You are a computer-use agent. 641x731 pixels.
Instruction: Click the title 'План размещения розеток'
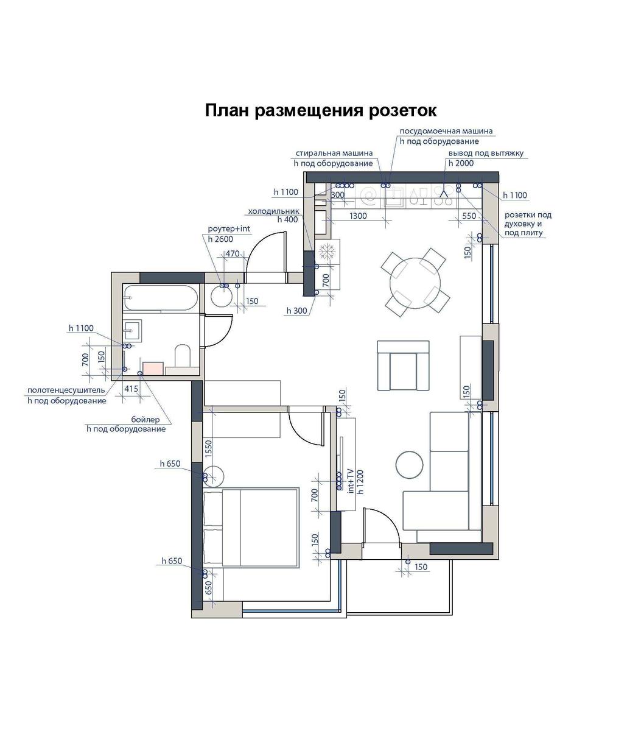(x=320, y=111)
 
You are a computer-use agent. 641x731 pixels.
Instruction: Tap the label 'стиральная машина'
(x=334, y=153)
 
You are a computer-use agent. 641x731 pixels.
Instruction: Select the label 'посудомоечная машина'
(x=446, y=131)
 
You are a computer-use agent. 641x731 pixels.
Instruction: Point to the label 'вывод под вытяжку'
(x=486, y=154)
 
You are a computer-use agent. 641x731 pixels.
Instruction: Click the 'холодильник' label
(x=273, y=211)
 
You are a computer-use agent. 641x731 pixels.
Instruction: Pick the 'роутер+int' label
(x=228, y=229)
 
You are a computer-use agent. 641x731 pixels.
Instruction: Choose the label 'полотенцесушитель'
(x=66, y=390)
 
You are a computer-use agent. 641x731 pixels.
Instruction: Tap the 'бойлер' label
(x=145, y=420)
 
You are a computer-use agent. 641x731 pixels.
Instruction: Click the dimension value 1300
(x=358, y=216)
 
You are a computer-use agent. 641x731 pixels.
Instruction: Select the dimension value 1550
(x=208, y=449)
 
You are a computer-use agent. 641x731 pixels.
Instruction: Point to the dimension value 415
(x=131, y=389)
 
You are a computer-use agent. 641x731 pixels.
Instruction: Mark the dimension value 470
(x=232, y=253)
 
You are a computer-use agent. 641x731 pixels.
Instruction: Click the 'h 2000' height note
(x=461, y=163)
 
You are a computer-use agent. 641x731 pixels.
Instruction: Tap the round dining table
(x=415, y=283)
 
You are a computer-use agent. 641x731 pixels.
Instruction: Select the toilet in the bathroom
(x=183, y=355)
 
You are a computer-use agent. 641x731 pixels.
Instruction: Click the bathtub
(x=160, y=298)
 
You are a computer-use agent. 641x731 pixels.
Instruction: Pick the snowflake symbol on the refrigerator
(x=328, y=251)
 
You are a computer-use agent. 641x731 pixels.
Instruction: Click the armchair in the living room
(x=403, y=365)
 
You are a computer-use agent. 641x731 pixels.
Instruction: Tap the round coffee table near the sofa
(x=409, y=465)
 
